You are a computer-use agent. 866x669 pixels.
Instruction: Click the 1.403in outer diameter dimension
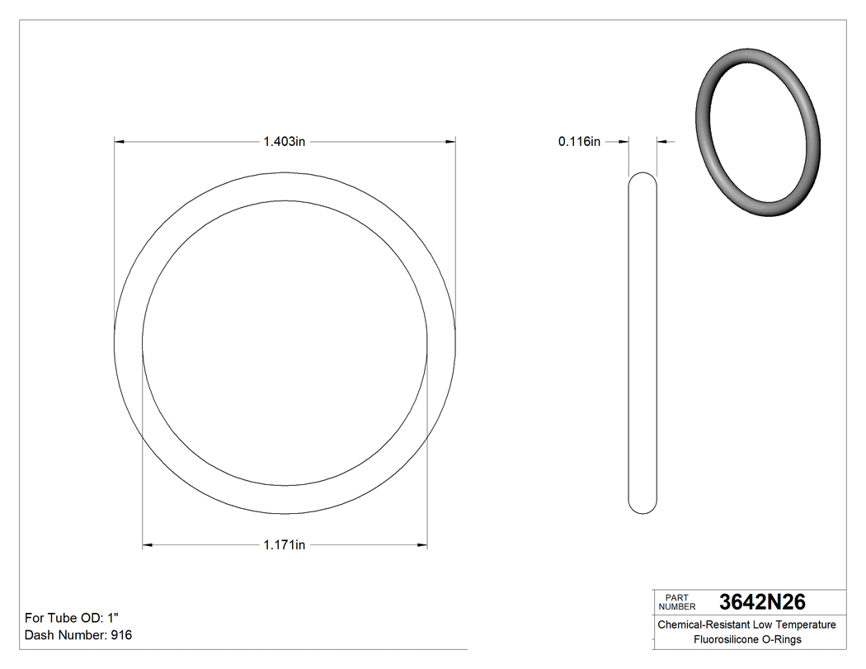click(284, 142)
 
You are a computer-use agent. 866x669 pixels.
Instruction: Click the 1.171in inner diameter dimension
click(284, 545)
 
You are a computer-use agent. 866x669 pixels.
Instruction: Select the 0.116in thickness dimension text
click(579, 142)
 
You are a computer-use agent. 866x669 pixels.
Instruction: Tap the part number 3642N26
click(762, 601)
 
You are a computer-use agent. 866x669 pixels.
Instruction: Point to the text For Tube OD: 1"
click(73, 618)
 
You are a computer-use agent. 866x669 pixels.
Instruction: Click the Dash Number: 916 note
click(78, 635)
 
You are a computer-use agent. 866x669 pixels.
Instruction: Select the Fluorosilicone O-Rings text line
click(746, 639)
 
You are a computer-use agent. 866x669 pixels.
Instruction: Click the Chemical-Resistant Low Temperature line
click(746, 624)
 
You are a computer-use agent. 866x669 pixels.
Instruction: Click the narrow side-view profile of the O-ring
click(643, 342)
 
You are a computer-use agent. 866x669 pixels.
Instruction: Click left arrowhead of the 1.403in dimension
click(119, 142)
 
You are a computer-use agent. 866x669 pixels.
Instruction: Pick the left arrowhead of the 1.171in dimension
click(148, 545)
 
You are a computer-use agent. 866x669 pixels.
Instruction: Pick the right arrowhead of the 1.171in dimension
click(422, 545)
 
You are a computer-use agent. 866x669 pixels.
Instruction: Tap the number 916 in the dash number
click(121, 635)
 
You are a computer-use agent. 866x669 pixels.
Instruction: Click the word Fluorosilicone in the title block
click(725, 639)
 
